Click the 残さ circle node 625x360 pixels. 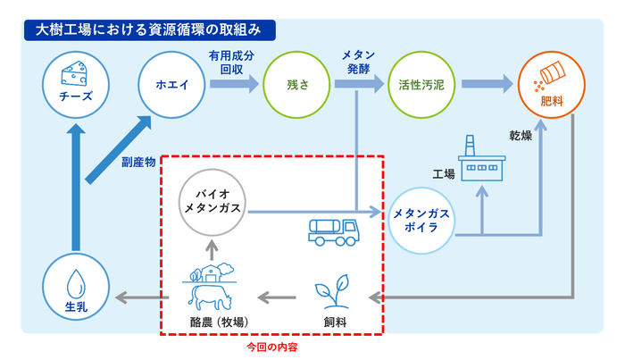tap(296, 86)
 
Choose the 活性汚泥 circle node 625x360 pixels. tap(422, 86)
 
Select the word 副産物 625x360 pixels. tap(138, 163)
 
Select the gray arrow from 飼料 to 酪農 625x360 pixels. tap(279, 296)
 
